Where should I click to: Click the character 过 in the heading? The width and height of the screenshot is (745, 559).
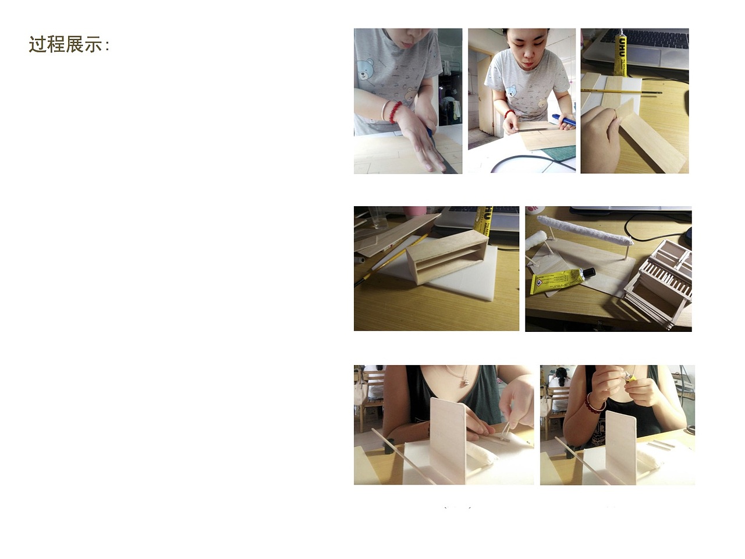tap(38, 44)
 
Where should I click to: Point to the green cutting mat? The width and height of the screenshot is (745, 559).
tap(560, 152)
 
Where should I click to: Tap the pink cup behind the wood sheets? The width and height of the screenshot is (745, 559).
tap(414, 211)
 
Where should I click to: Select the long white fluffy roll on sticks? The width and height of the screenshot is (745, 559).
tap(585, 230)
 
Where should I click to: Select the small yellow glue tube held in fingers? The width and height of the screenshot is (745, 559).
tap(631, 377)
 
